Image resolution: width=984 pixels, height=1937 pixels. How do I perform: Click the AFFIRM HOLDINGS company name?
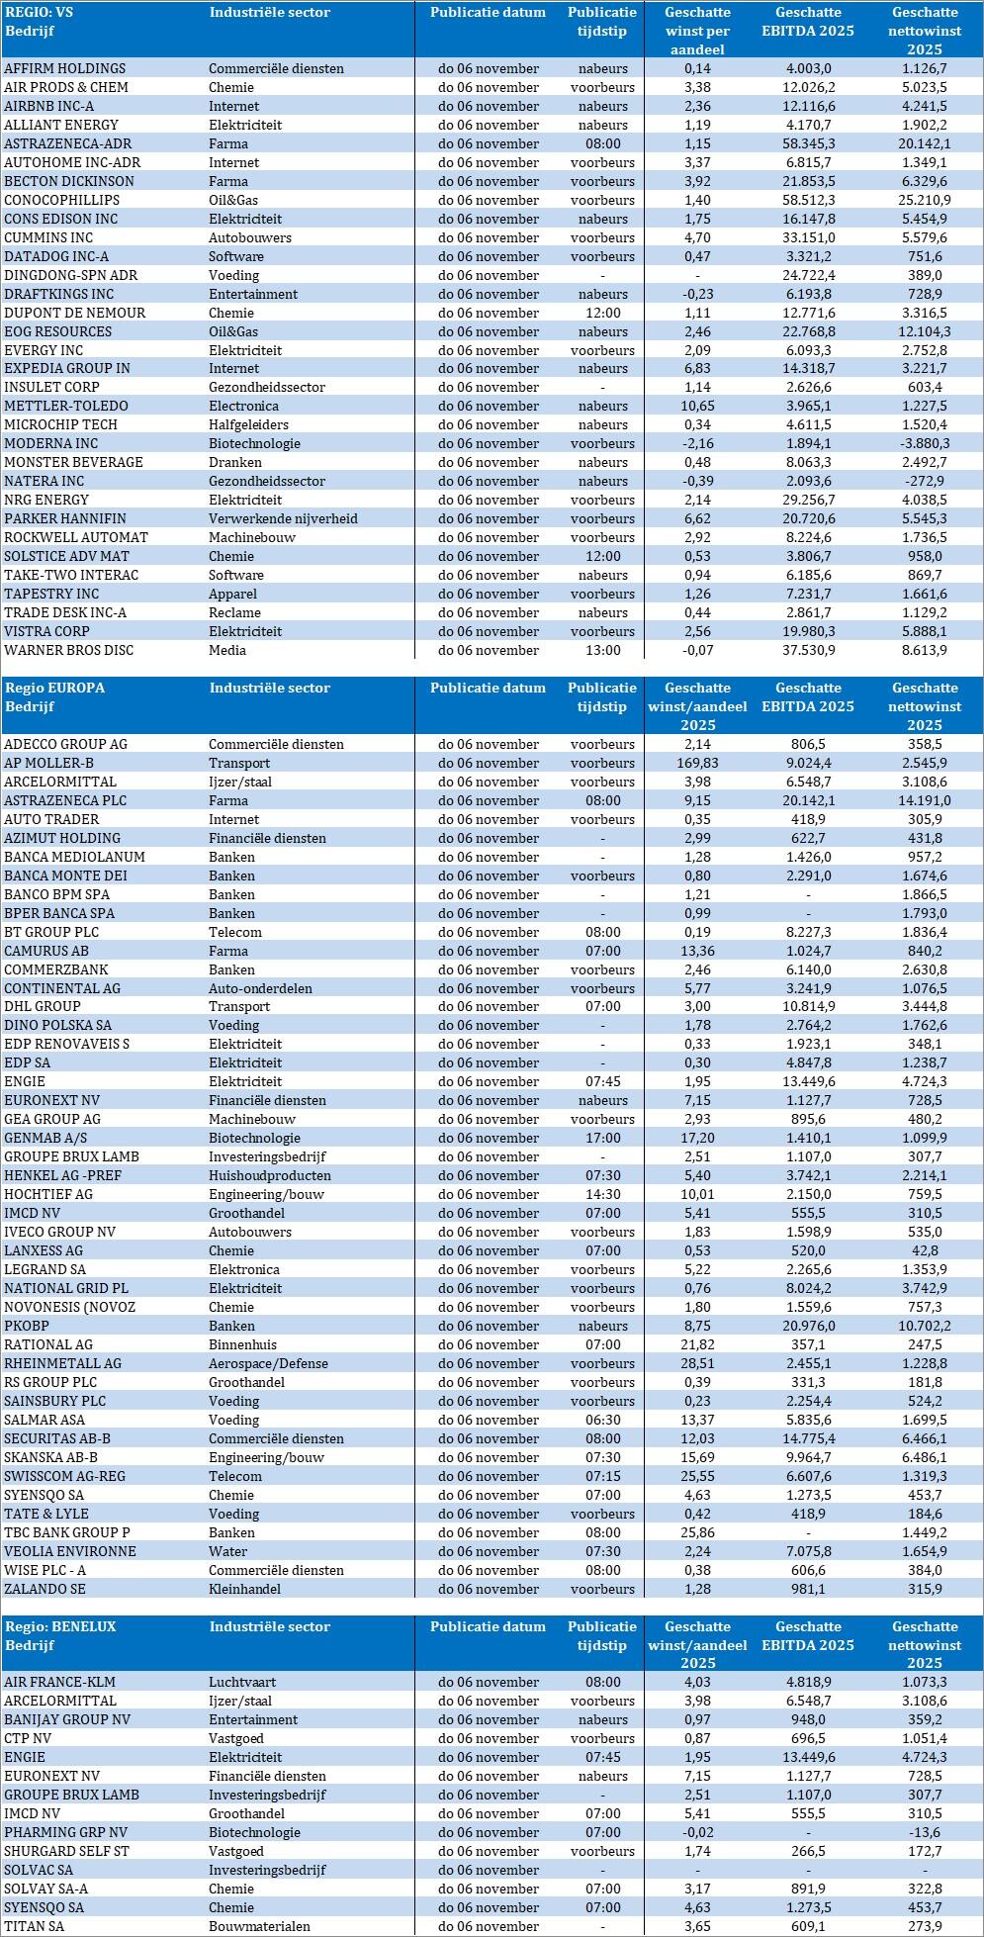click(65, 68)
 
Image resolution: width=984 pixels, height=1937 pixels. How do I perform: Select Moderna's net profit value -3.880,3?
click(924, 443)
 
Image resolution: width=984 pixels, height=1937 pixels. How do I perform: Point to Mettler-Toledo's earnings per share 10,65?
click(697, 406)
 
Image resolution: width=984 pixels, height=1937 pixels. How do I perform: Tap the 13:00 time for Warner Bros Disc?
click(602, 650)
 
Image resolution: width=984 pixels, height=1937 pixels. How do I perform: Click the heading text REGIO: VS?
click(40, 13)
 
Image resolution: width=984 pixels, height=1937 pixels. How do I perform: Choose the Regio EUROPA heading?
click(54, 688)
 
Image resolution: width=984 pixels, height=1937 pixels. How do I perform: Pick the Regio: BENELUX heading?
click(60, 1626)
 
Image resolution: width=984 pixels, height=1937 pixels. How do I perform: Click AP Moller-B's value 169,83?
click(697, 763)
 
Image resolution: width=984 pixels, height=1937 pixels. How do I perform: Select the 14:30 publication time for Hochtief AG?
click(602, 1194)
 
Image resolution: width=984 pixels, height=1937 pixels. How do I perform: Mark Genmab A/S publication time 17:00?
click(602, 1138)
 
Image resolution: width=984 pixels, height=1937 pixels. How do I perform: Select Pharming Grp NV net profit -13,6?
click(924, 1832)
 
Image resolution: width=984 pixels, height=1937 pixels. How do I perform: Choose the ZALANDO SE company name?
click(45, 1589)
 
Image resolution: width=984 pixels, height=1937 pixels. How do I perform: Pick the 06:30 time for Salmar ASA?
click(602, 1420)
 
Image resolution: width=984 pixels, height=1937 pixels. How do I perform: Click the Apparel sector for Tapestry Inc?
click(232, 594)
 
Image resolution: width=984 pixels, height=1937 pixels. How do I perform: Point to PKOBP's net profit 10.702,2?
click(924, 1326)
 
